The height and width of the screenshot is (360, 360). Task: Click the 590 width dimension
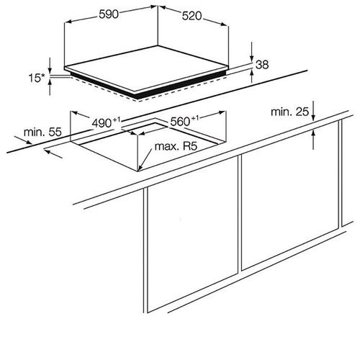(x=109, y=14)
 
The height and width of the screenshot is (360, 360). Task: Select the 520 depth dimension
(x=192, y=16)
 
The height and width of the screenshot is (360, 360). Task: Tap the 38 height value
(x=262, y=65)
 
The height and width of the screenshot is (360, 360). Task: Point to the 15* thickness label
(x=37, y=78)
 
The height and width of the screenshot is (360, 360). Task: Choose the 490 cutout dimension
(x=106, y=122)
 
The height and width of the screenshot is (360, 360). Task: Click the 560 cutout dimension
(x=184, y=121)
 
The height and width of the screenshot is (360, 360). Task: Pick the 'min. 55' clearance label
(x=42, y=132)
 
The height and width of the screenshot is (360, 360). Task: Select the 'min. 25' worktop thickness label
(x=289, y=112)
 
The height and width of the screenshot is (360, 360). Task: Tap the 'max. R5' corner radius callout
(x=176, y=146)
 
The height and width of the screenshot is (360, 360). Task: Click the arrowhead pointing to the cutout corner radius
(x=140, y=168)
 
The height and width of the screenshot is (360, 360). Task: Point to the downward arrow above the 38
(x=251, y=52)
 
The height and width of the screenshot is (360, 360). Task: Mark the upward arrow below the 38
(x=251, y=76)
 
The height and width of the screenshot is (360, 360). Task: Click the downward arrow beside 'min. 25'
(x=313, y=111)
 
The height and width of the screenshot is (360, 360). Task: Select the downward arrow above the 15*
(x=50, y=66)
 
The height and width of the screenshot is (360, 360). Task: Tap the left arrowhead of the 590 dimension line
(x=68, y=22)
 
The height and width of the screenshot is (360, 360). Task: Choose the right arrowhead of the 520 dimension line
(x=224, y=24)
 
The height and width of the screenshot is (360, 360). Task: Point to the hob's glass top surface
(x=146, y=68)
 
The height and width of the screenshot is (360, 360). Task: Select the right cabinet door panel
(x=290, y=195)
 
